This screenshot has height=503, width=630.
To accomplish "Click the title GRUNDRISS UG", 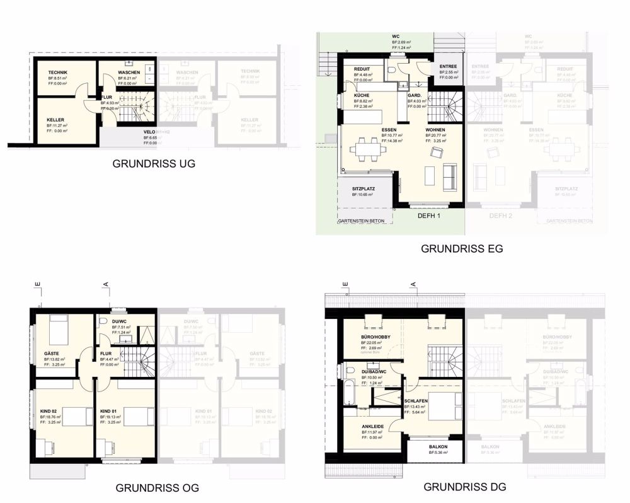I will [x=154, y=163].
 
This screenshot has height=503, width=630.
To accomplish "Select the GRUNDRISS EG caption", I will [x=462, y=248].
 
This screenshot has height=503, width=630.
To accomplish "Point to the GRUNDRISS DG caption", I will [x=464, y=487].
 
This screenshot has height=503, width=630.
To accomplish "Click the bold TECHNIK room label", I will [x=58, y=72].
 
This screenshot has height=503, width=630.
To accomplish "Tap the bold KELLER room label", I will [x=55, y=120].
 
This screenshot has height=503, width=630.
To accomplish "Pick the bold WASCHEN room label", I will [x=129, y=72].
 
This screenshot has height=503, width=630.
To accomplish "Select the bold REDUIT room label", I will [x=362, y=69].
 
